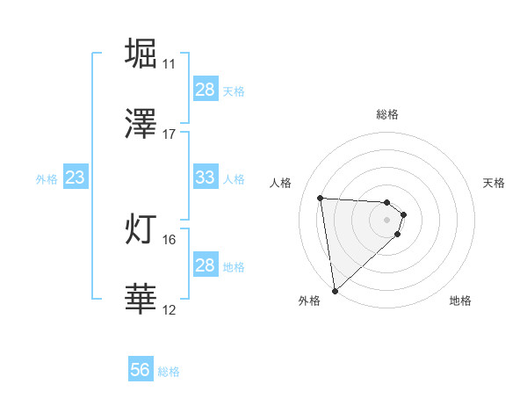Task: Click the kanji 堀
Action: [141, 53]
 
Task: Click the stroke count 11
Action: [169, 64]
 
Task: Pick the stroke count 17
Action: [169, 134]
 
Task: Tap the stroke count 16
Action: [169, 239]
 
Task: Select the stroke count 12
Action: [169, 310]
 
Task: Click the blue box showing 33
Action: [205, 178]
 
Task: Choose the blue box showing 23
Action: [76, 178]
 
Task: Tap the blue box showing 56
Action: [141, 370]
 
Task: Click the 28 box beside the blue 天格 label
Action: [205, 90]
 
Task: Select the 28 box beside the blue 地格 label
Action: [205, 265]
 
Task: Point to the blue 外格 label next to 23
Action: [47, 178]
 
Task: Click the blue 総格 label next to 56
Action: [169, 371]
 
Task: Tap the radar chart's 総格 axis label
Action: [387, 114]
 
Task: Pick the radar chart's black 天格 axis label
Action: [495, 183]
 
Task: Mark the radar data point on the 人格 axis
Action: [321, 198]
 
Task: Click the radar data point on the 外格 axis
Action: [335, 290]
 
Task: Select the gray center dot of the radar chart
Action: [387, 219]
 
